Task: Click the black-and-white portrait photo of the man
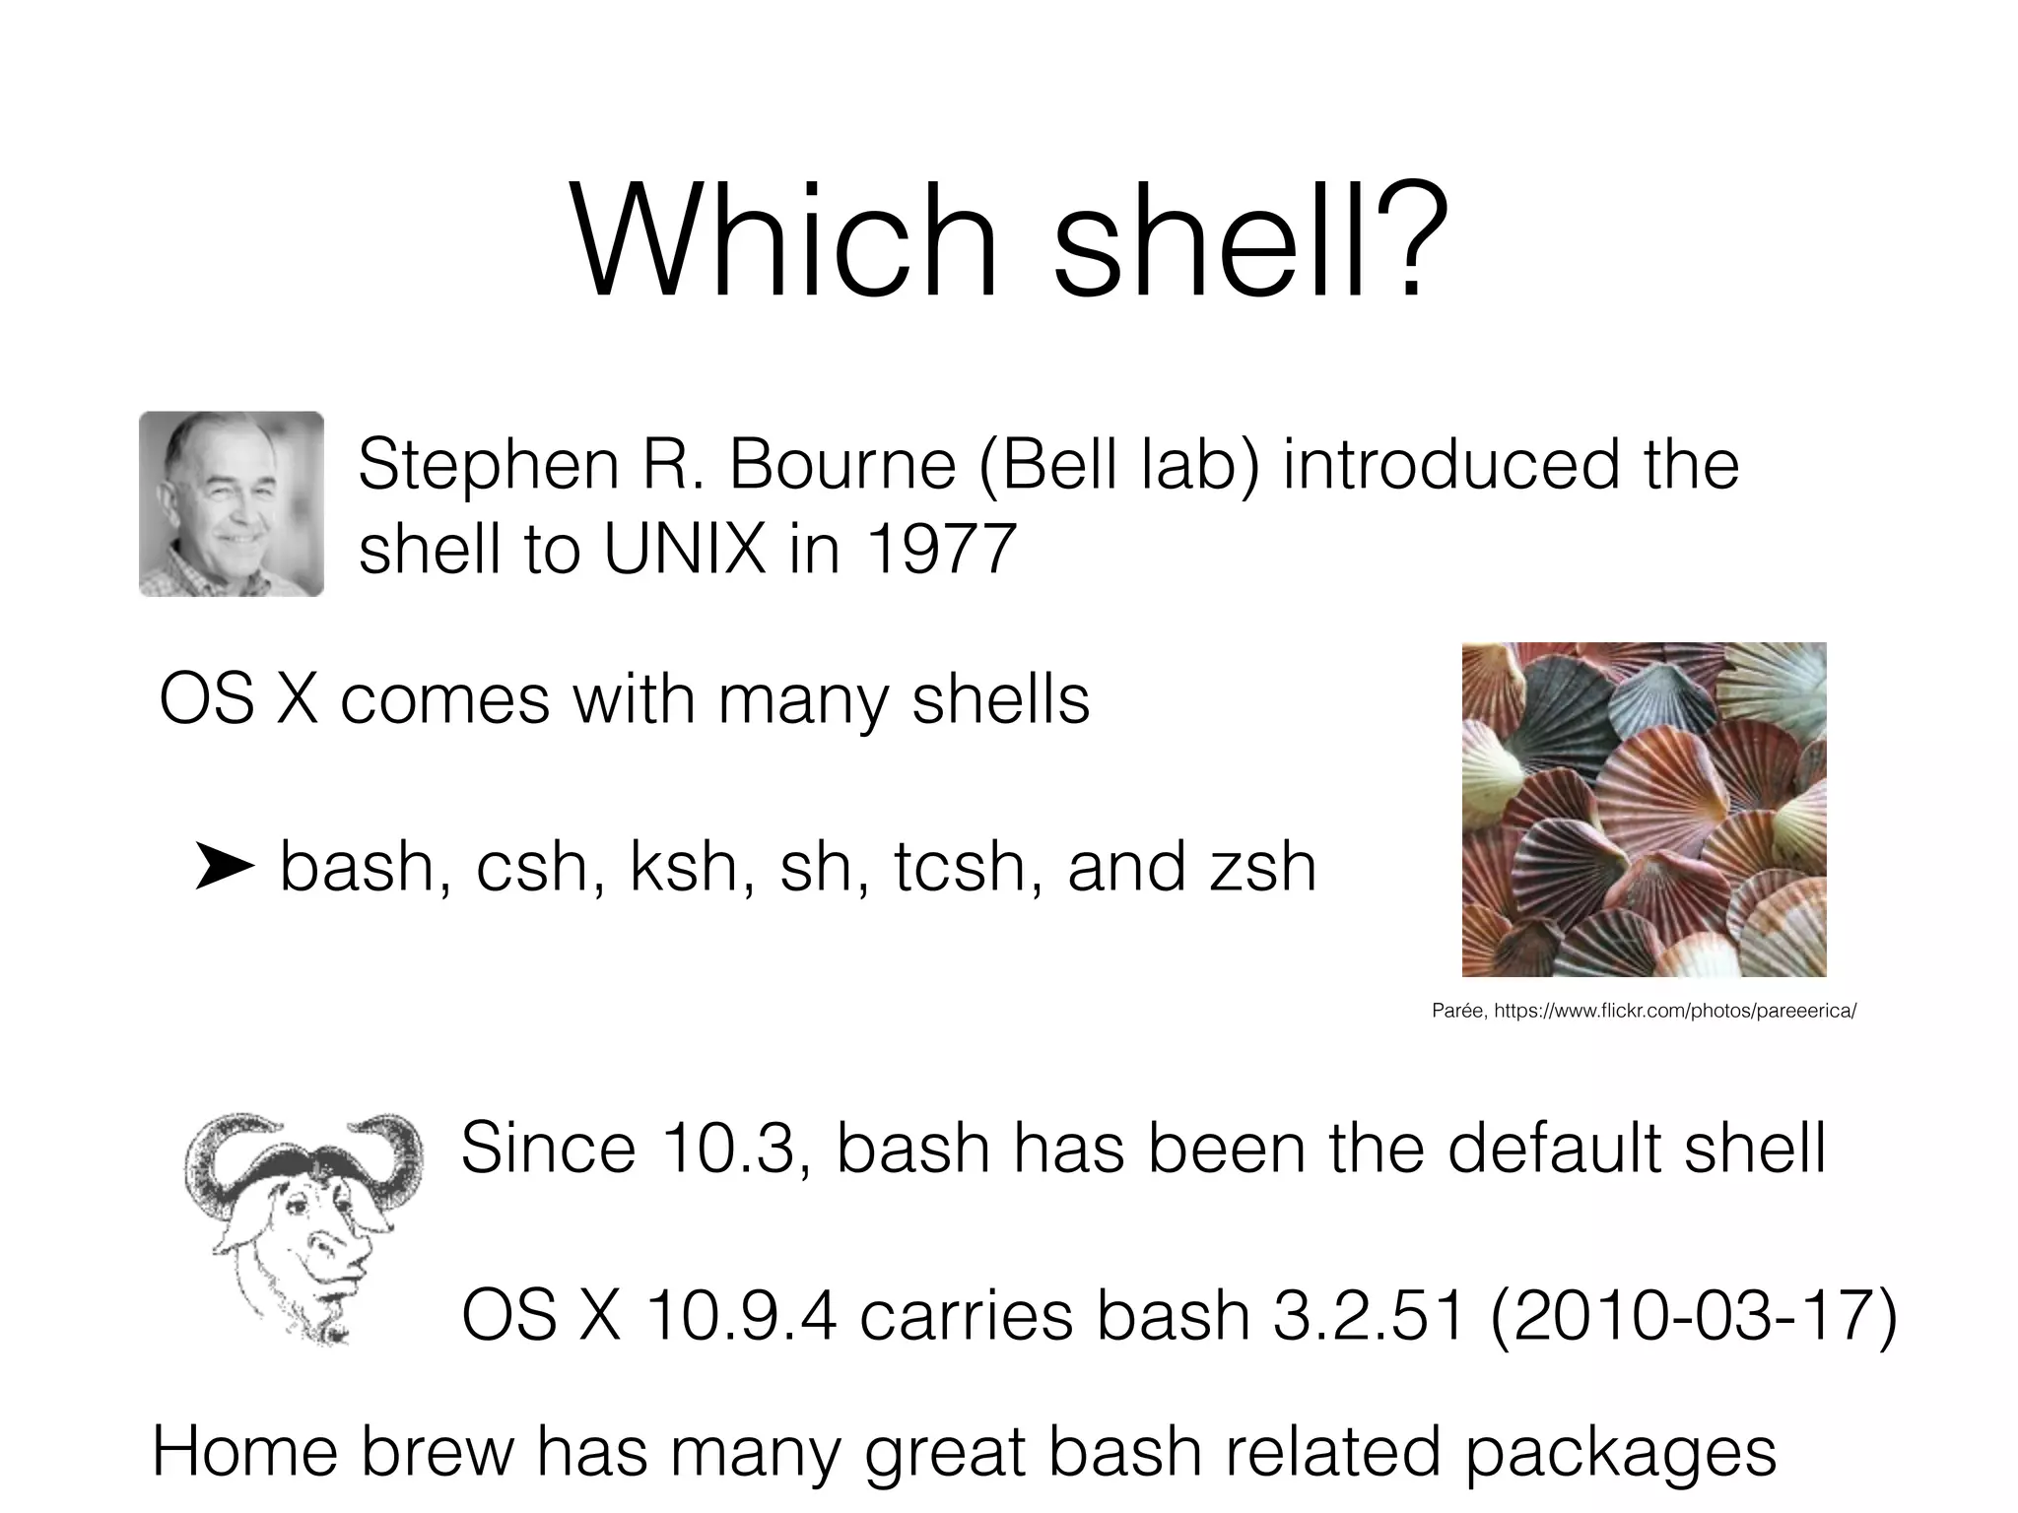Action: tap(232, 503)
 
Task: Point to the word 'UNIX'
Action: tap(685, 549)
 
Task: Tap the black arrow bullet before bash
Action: tap(225, 867)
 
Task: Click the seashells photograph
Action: tap(1644, 809)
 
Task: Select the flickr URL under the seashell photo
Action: tap(1675, 1011)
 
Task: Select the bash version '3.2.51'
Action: tap(1370, 1316)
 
